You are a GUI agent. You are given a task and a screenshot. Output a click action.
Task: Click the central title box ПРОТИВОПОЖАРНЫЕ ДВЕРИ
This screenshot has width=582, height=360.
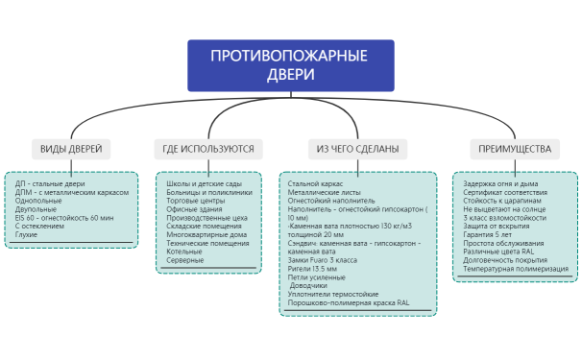290,65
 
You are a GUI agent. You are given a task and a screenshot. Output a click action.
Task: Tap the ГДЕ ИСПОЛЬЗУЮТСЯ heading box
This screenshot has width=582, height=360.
207,149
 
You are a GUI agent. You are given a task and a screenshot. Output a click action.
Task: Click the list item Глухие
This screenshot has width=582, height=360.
27,235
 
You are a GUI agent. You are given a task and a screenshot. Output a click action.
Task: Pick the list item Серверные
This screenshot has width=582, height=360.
185,261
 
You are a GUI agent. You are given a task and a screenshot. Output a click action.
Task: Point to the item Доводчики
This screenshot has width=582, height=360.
311,285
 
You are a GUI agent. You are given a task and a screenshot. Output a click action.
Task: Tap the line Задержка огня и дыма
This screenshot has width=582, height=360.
500,183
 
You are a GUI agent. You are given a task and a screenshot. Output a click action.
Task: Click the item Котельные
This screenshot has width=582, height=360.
185,252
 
